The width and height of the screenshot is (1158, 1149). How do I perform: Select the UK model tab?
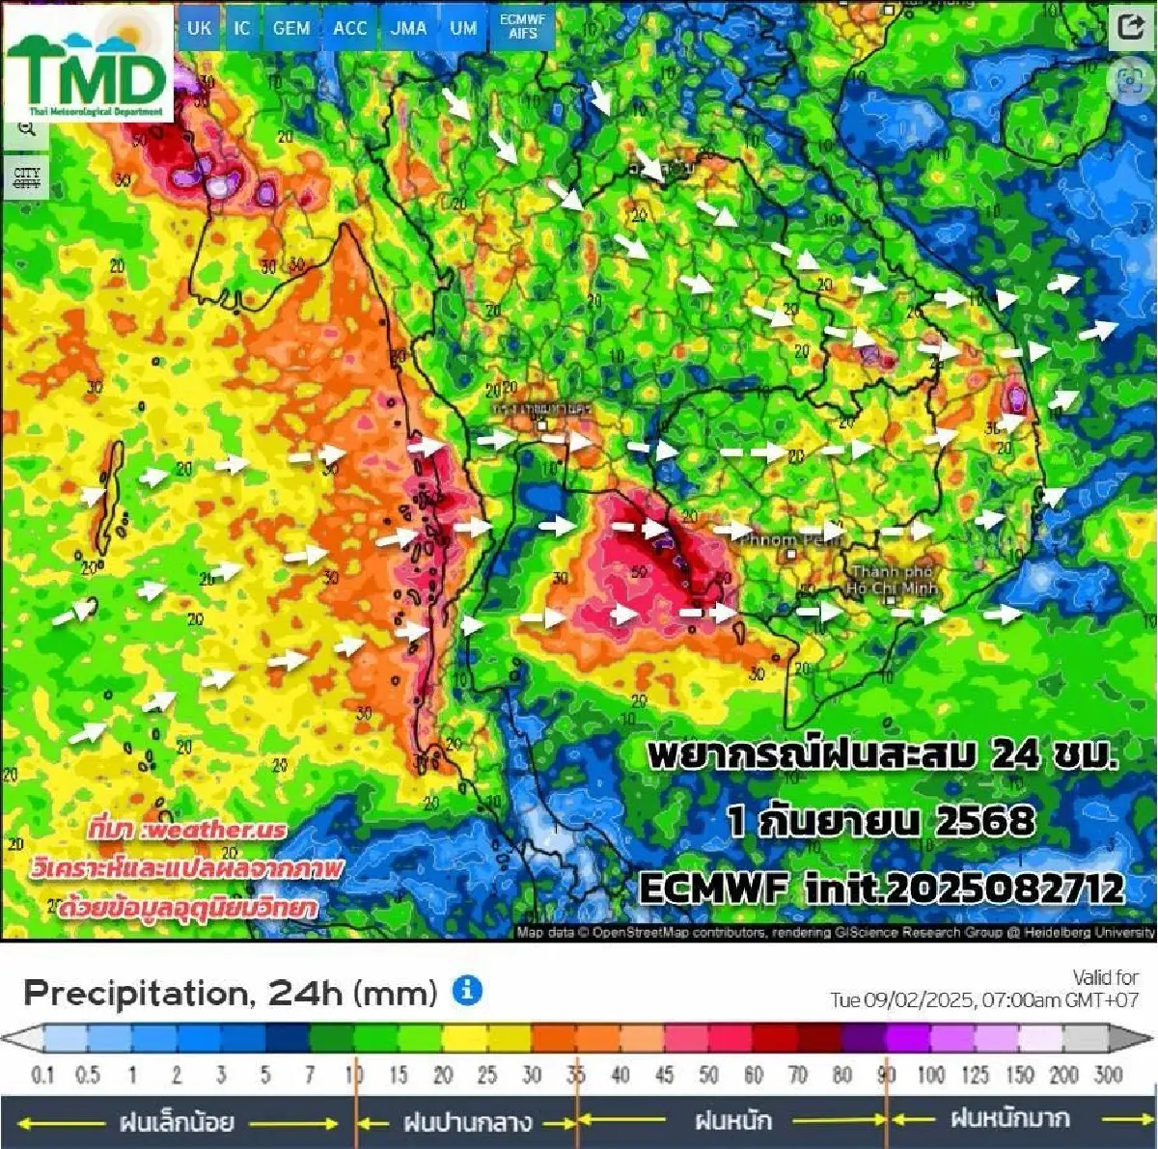pyautogui.click(x=199, y=28)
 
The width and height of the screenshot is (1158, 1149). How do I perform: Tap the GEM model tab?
pyautogui.click(x=290, y=28)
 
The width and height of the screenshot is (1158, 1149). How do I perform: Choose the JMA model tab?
pyautogui.click(x=408, y=28)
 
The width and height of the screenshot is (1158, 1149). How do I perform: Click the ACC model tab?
pyautogui.click(x=349, y=28)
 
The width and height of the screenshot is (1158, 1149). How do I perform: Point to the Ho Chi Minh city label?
pyautogui.click(x=892, y=580)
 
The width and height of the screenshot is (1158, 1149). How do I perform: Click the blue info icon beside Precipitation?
pyautogui.click(x=467, y=990)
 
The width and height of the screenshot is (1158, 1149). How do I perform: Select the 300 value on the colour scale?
pyautogui.click(x=1108, y=1075)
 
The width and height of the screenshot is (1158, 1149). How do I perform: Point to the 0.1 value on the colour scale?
pyautogui.click(x=43, y=1075)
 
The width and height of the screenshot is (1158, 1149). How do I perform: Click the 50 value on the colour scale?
pyautogui.click(x=708, y=1075)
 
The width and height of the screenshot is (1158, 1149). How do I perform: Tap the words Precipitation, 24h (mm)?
pyautogui.click(x=230, y=992)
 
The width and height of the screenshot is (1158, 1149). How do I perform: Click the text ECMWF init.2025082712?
pyautogui.click(x=882, y=888)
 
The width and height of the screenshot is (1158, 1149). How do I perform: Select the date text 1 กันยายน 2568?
pyautogui.click(x=881, y=821)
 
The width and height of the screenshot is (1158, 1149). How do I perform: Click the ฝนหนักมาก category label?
pyautogui.click(x=1009, y=1119)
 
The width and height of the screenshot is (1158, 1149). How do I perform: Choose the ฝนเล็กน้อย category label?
pyautogui.click(x=177, y=1122)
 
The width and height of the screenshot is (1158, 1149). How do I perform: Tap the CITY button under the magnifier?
pyautogui.click(x=26, y=178)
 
